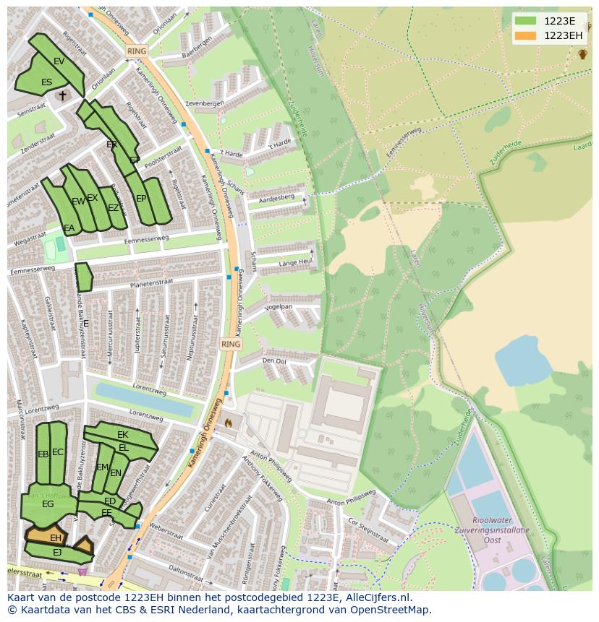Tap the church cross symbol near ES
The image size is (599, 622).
(62, 95)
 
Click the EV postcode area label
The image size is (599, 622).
(59, 61)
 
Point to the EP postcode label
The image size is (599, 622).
(141, 199)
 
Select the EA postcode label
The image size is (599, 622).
(69, 228)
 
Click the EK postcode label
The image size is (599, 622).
(122, 435)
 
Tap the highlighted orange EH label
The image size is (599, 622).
(55, 538)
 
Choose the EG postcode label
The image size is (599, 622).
(48, 504)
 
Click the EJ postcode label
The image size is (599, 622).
(57, 553)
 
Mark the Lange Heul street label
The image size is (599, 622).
(295, 262)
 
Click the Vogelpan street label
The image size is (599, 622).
(278, 307)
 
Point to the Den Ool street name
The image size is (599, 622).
(274, 360)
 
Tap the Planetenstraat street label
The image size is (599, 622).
(150, 285)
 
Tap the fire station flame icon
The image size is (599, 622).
(229, 423)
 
